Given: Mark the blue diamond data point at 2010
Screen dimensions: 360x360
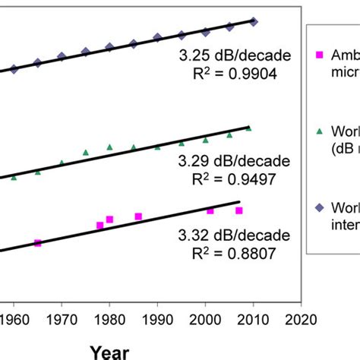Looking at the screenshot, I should pyautogui.click(x=254, y=22).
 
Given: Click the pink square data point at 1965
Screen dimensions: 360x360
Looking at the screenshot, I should pyautogui.click(x=38, y=243).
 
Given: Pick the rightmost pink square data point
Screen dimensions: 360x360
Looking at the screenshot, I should pyautogui.click(x=239, y=210).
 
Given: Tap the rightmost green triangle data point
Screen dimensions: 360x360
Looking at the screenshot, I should pyautogui.click(x=248, y=129).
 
